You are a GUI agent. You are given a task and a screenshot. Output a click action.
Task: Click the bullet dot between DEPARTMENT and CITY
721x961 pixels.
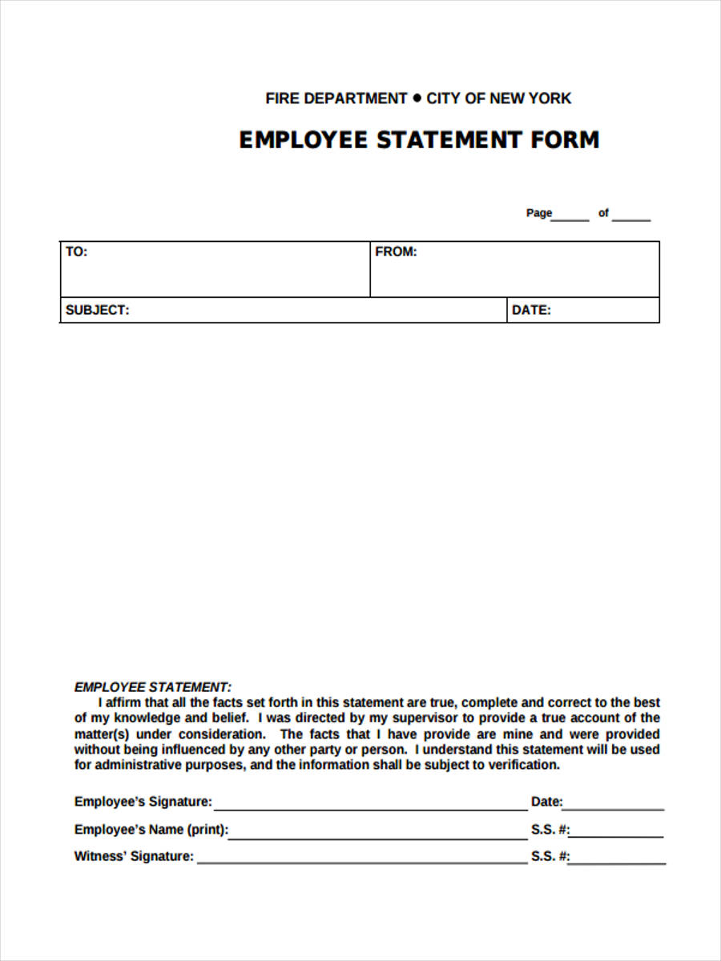point(417,98)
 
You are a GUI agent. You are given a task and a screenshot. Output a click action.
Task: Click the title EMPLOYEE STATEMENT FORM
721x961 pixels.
point(419,140)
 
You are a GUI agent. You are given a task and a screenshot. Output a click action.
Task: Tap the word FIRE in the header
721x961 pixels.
point(281,99)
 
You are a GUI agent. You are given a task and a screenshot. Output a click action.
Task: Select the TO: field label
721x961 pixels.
point(76,251)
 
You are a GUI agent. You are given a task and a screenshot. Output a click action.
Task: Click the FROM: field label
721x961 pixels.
point(396,251)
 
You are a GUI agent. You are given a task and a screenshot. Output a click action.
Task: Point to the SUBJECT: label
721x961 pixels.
point(97,310)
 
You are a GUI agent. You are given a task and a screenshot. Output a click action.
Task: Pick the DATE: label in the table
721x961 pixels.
point(531,310)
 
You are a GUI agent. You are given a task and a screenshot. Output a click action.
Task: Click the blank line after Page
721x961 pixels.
point(570,218)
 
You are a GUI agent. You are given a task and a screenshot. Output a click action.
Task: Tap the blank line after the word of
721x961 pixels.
point(631,218)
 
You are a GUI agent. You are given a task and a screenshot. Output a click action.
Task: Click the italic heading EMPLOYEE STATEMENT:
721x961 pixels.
point(153,687)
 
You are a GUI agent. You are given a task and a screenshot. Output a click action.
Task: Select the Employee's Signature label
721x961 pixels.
point(143,802)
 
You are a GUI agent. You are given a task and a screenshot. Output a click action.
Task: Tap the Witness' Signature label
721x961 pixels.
point(134,856)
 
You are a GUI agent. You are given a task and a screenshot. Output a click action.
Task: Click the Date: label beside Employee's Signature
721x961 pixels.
point(546,802)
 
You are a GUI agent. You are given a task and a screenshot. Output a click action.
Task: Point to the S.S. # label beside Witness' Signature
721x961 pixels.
point(550,856)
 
